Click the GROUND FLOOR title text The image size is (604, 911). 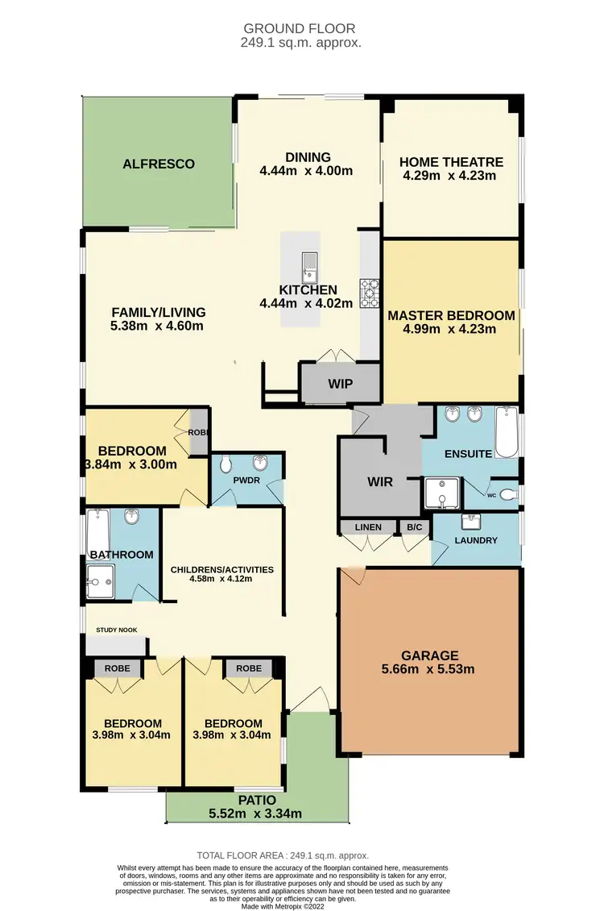point(301,28)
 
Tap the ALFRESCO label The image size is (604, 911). point(159,164)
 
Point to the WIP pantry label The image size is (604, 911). point(340,384)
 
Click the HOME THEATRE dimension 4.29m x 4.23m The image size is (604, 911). point(451,176)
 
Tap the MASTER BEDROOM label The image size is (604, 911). point(451,315)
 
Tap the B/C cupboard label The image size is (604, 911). point(415,527)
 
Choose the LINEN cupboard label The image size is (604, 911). point(368,527)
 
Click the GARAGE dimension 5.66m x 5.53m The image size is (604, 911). point(431,668)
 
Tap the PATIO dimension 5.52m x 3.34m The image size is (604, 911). point(256,813)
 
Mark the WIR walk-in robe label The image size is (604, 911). point(380,482)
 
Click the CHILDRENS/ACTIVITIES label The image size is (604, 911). point(221,570)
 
